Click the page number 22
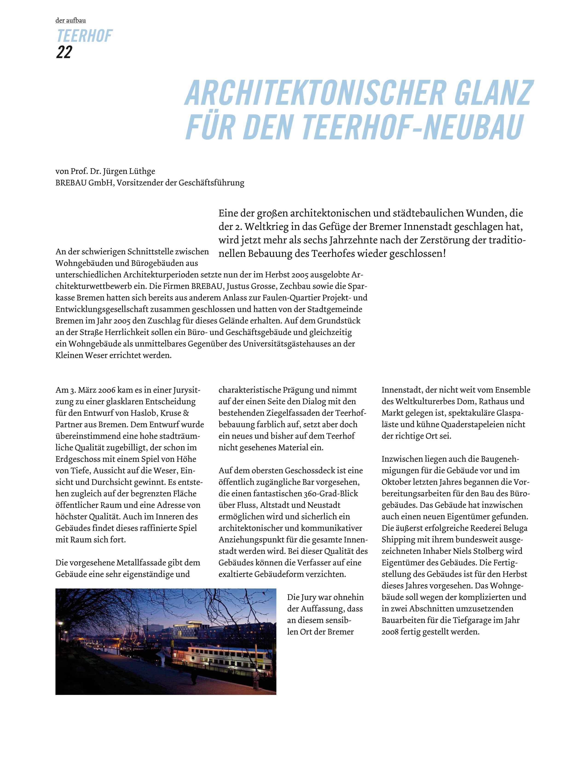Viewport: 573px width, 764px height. pyautogui.click(x=64, y=52)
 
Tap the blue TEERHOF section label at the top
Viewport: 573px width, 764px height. pyautogui.click(x=84, y=36)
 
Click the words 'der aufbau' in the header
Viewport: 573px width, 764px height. pyautogui.click(x=70, y=20)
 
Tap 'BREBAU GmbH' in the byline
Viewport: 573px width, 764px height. pyautogui.click(x=84, y=183)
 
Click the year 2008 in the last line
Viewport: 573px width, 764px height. pyautogui.click(x=390, y=632)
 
